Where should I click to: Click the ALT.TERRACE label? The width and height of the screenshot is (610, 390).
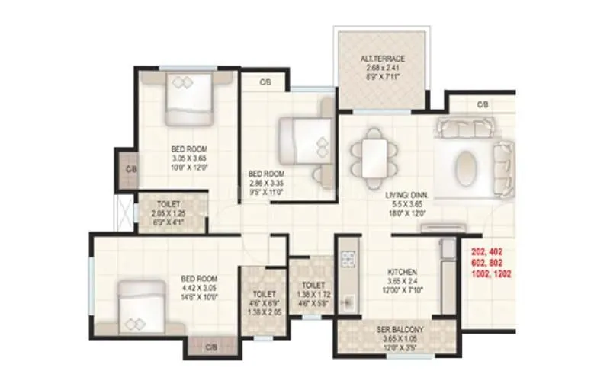point(382,58)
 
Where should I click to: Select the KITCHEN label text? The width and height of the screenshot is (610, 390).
point(401,272)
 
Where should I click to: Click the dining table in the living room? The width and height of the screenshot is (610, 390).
point(375,156)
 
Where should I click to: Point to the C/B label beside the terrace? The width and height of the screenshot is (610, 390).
point(265,81)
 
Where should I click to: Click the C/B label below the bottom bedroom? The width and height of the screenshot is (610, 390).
point(211,347)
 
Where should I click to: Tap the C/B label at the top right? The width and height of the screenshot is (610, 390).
point(482,104)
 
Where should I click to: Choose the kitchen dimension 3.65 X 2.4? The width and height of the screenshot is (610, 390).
point(401,281)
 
